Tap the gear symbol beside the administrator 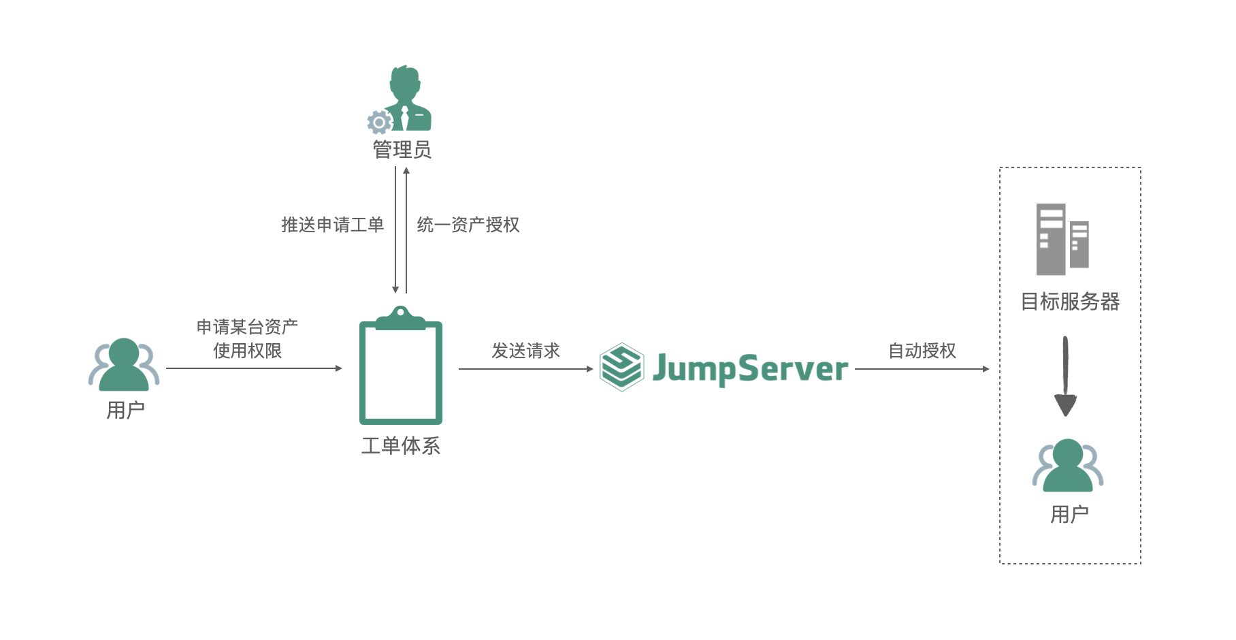[x=379, y=123]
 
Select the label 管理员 [x=402, y=150]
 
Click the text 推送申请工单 [x=332, y=225]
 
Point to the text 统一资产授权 [x=468, y=225]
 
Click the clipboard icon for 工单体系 [x=401, y=371]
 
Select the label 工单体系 [x=401, y=446]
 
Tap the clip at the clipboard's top [x=400, y=317]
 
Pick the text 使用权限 [x=247, y=351]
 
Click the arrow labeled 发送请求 [x=525, y=369]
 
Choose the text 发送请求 [x=525, y=351]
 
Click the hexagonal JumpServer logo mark [x=621, y=367]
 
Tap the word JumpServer [x=750, y=369]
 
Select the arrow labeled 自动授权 [x=922, y=369]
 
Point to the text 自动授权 [x=922, y=351]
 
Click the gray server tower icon [x=1062, y=240]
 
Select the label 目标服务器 [x=1070, y=302]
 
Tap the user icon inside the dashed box [x=1067, y=466]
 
